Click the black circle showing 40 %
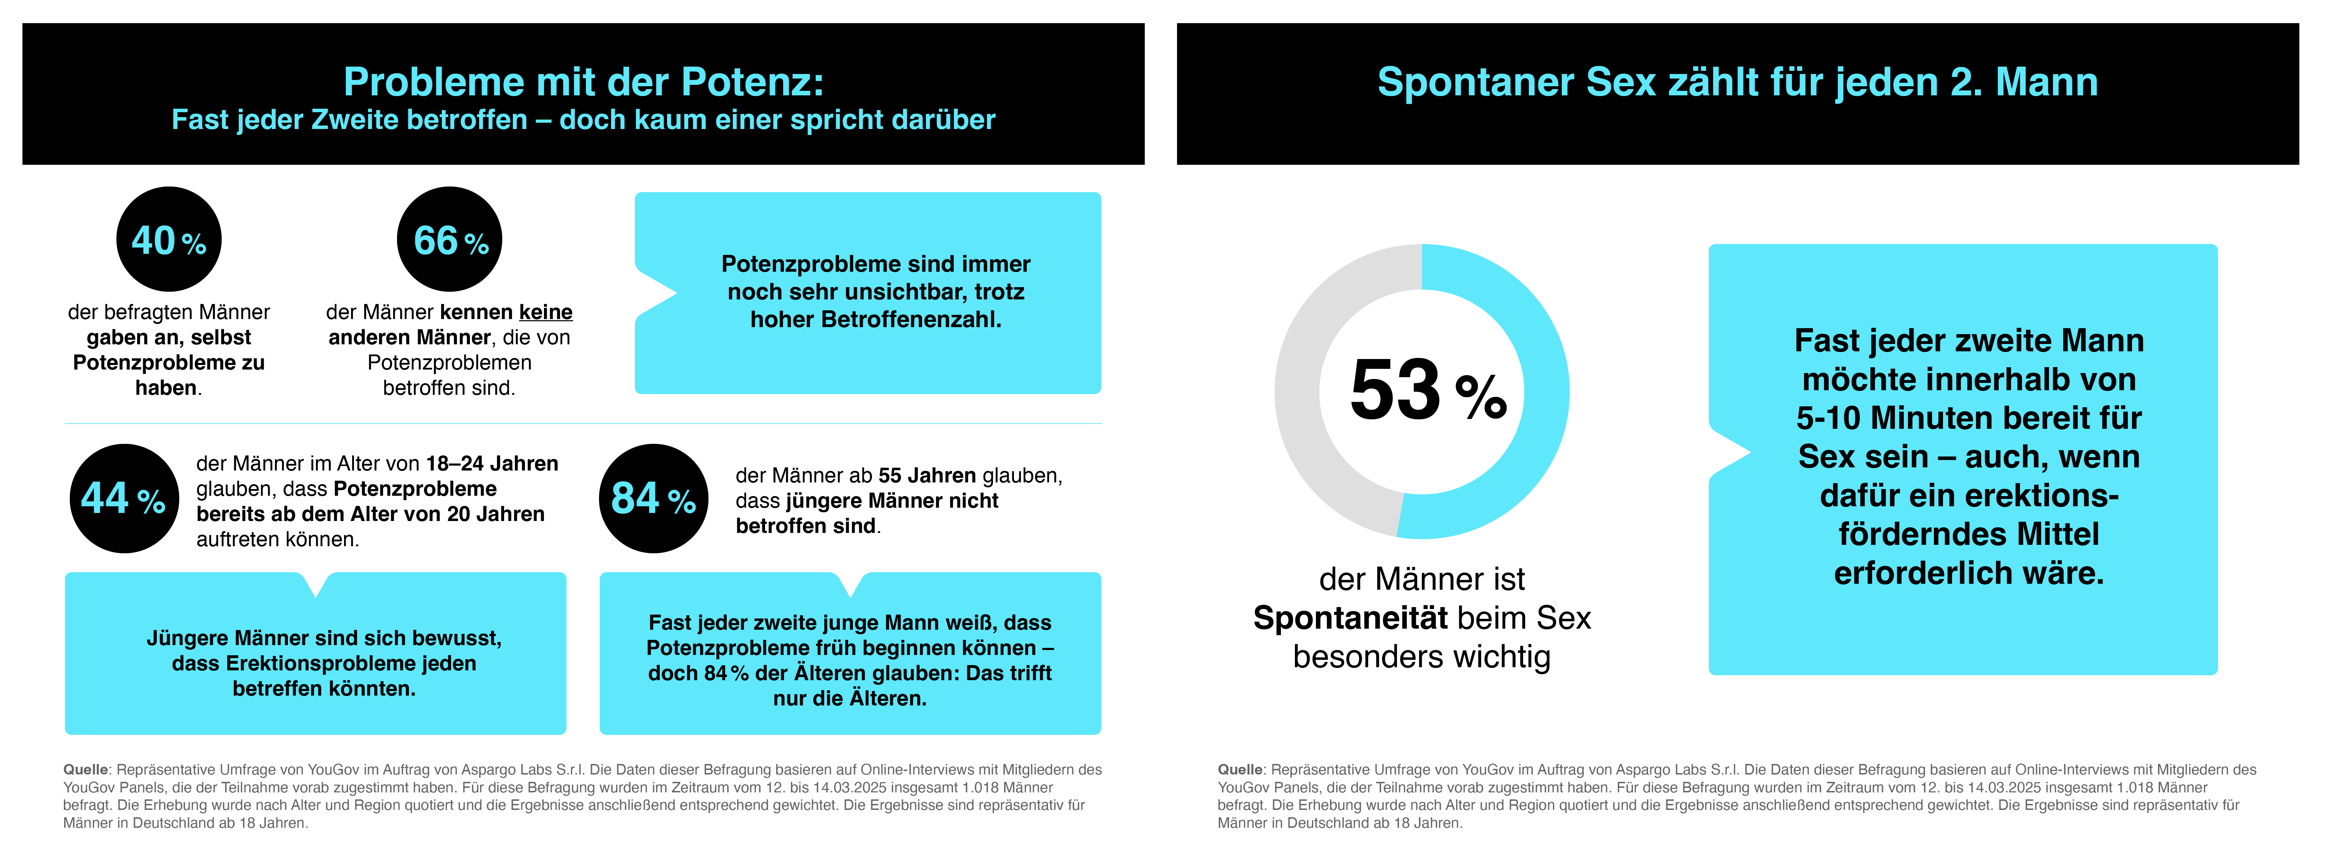pos(169,239)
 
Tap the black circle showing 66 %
pos(450,239)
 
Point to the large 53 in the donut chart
pos(1395,390)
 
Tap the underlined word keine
pos(545,312)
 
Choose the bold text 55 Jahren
pos(927,476)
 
